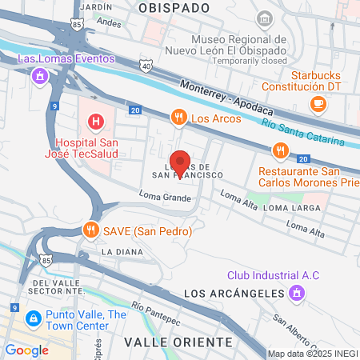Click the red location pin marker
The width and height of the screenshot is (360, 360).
180,160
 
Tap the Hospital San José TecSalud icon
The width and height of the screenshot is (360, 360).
95,122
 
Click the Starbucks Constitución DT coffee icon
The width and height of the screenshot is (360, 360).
318,102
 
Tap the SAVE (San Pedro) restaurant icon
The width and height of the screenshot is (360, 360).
91,230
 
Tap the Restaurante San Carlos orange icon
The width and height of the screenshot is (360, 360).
279,150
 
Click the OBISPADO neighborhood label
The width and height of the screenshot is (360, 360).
174,7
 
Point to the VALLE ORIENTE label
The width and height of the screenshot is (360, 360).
178,342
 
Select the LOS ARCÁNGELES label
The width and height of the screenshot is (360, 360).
234,294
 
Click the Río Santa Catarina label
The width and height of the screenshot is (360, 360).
309,133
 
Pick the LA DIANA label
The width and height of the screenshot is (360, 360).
121,251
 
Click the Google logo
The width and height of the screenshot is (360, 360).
27,350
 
